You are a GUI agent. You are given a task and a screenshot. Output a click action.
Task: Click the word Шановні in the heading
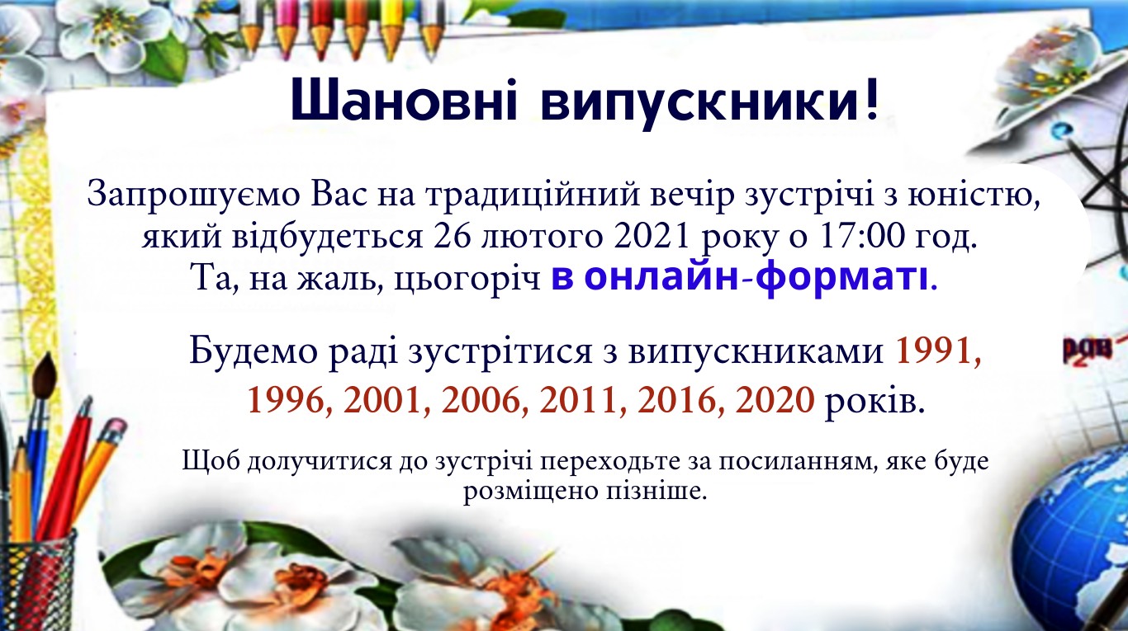(x=403, y=101)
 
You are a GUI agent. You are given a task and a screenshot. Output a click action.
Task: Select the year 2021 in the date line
(x=651, y=236)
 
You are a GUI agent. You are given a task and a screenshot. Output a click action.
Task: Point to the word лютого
(x=542, y=237)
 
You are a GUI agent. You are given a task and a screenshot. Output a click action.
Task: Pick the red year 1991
(x=936, y=351)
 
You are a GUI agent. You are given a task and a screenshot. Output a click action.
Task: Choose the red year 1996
(x=290, y=400)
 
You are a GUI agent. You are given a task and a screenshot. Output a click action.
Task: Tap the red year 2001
(x=386, y=400)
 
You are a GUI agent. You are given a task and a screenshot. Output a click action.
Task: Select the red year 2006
(x=485, y=400)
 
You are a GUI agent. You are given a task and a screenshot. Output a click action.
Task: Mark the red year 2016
(x=680, y=400)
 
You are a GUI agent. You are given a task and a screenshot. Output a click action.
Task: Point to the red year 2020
(x=775, y=400)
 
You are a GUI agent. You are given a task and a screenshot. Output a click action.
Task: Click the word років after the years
(x=874, y=401)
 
